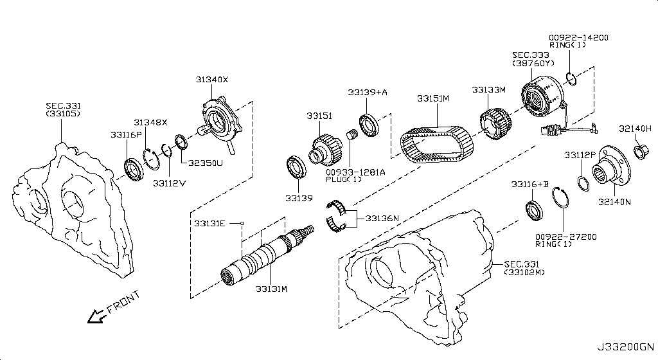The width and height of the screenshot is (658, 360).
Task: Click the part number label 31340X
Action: pyautogui.click(x=212, y=80)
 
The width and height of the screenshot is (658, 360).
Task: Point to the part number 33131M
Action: pyautogui.click(x=271, y=289)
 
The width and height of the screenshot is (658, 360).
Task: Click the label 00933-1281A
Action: pyautogui.click(x=355, y=172)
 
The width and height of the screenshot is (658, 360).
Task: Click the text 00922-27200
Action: pyautogui.click(x=565, y=237)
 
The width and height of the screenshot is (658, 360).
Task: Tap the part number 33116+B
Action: pyautogui.click(x=530, y=184)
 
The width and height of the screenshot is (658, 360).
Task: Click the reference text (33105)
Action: pyautogui.click(x=63, y=114)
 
